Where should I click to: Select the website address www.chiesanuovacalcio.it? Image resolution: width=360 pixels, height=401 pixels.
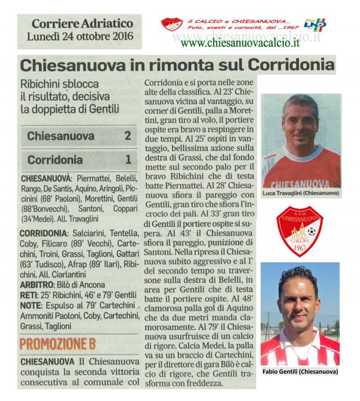(240, 42)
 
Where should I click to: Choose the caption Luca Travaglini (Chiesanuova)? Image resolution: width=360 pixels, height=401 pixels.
(301, 193)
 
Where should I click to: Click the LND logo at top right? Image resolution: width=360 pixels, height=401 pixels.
(318, 24)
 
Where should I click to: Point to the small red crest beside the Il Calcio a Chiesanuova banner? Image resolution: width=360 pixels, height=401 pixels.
(172, 24)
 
